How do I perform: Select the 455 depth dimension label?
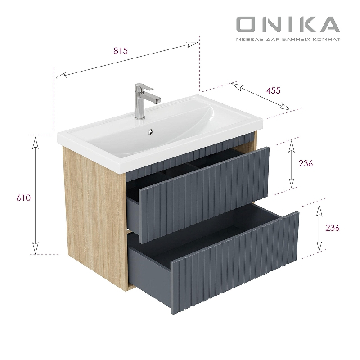pyautogui.click(x=273, y=90)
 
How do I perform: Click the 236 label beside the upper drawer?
pyautogui.click(x=305, y=163)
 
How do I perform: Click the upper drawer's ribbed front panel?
pyautogui.click(x=205, y=193)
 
